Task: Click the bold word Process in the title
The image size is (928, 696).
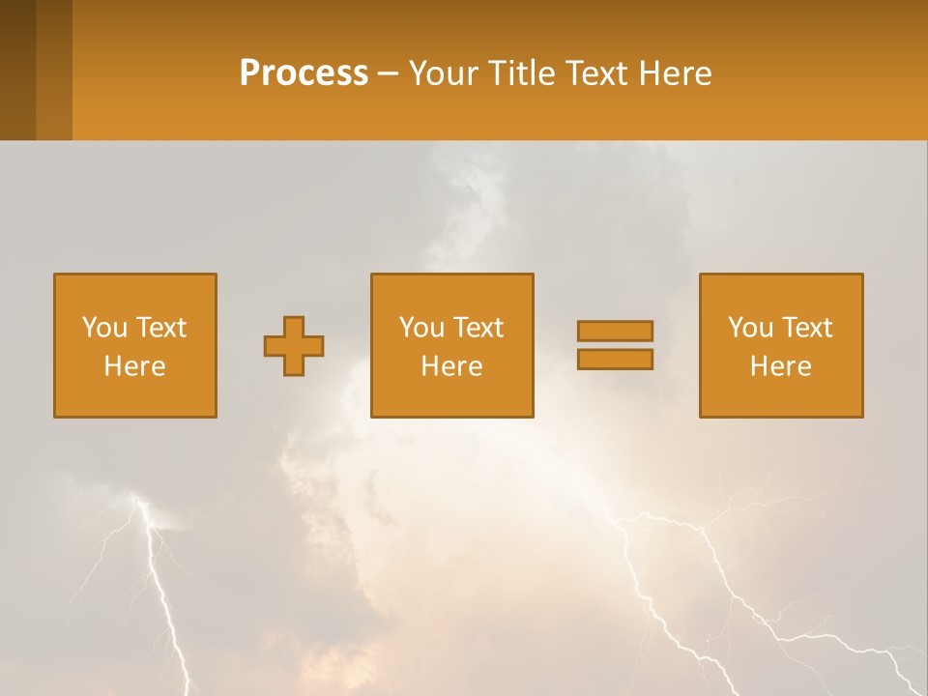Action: point(304,73)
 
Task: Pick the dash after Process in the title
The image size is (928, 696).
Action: point(389,75)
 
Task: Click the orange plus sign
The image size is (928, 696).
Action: point(294,346)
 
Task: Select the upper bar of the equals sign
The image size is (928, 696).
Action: point(615,331)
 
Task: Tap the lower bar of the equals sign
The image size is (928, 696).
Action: point(615,360)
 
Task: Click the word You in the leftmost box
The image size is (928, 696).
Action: point(104,328)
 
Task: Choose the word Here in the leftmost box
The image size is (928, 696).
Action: point(134,366)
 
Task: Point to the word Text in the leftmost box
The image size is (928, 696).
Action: point(160,328)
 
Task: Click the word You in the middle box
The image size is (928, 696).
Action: point(421,328)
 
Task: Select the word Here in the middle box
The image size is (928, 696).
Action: point(451,366)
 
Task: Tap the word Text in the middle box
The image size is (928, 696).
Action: point(478,328)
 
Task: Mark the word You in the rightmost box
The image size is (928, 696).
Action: point(750,328)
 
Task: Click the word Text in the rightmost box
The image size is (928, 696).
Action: point(806,328)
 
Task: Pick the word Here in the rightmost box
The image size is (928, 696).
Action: point(780,366)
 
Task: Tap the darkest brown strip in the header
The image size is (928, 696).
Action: point(17,70)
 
